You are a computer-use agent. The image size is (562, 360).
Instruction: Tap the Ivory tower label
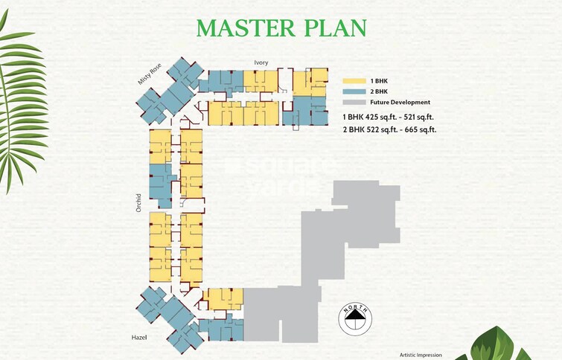(x=261, y=63)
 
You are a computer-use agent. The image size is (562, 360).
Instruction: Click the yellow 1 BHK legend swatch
(x=353, y=80)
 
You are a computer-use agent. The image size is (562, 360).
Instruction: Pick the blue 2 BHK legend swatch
(x=353, y=91)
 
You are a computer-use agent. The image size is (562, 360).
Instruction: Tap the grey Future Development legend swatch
(x=353, y=103)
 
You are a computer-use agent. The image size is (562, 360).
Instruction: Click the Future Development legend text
(x=400, y=103)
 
